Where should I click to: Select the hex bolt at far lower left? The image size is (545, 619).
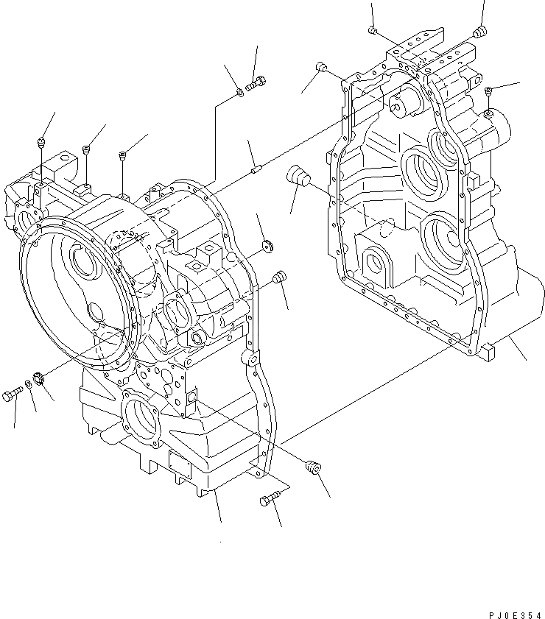13,395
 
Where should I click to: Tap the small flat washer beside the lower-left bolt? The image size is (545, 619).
28,384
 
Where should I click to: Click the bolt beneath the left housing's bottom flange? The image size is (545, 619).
268,500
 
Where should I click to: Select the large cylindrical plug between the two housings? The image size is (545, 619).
299,177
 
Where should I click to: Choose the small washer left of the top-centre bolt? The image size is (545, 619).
240,93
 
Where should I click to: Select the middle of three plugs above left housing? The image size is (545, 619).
87,149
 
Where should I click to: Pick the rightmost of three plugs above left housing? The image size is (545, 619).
122,155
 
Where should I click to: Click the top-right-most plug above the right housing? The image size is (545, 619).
480,31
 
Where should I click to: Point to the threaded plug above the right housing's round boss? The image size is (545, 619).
489,91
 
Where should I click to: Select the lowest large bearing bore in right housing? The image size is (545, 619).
445,238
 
